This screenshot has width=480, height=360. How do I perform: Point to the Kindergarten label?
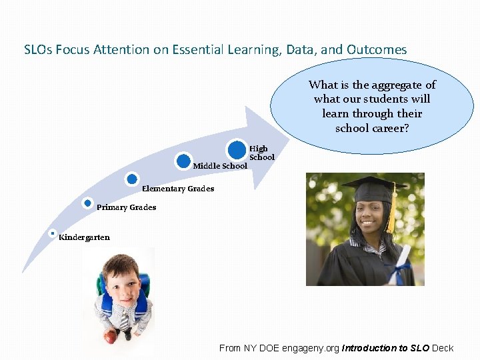click(85, 237)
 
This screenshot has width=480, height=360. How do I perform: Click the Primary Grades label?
click(127, 207)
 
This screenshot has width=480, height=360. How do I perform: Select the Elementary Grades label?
click(178, 189)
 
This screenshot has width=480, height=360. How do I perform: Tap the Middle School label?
click(219, 166)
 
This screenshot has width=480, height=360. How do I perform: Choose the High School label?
click(261, 153)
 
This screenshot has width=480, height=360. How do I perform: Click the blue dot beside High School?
click(237, 149)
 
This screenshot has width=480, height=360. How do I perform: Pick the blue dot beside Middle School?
click(183, 161)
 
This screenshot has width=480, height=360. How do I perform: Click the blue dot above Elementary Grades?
click(132, 179)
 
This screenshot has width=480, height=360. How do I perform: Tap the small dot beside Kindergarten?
click(53, 233)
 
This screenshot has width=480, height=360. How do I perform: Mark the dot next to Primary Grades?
click(88, 203)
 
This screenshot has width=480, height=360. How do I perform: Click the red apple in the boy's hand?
click(109, 337)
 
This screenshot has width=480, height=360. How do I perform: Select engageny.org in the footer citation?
click(311, 348)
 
